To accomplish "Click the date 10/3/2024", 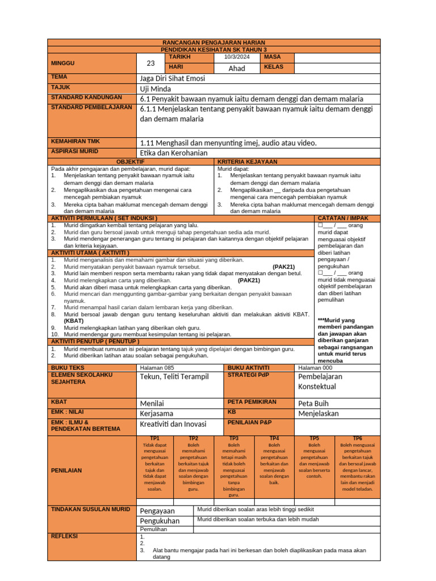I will click(x=236, y=57).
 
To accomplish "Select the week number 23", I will click(x=150, y=63).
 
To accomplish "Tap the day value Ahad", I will click(x=236, y=68).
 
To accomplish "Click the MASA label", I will click(x=272, y=57).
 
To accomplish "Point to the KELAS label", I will click(x=274, y=68).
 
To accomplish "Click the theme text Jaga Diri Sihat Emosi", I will click(x=173, y=78).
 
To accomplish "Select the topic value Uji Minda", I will click(x=155, y=89).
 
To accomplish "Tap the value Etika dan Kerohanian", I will click(x=174, y=153).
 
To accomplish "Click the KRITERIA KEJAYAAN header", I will click(x=244, y=162).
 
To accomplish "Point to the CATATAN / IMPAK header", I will click(x=343, y=218).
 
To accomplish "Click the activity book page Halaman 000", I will click(x=315, y=368).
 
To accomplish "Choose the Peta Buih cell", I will click(x=313, y=403).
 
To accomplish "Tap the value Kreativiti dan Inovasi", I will click(x=174, y=424).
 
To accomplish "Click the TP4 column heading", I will click(x=274, y=438).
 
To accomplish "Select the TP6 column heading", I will click(x=357, y=438).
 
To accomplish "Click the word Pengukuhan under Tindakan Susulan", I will click(x=160, y=520).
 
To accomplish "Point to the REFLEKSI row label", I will click(x=64, y=536).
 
